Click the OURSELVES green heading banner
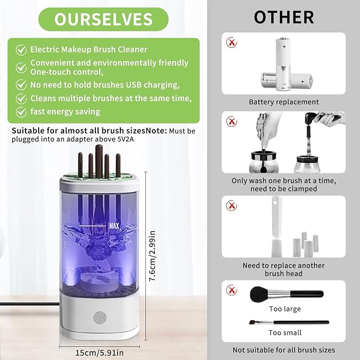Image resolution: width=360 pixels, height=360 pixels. coord(103,19)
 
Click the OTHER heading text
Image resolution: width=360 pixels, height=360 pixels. coord(283,17)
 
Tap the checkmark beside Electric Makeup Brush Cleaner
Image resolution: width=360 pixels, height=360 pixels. coord(21,49)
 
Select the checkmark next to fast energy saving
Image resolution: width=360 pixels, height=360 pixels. coord(21,112)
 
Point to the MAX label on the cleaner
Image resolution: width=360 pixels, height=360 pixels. coord(113,226)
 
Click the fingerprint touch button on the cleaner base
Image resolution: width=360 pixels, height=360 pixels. coord(100,317)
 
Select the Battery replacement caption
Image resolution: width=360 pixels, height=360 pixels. coord(284,102)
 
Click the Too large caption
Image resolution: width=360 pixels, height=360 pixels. coord(284,309)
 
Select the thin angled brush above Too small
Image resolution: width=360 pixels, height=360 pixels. coord(289,322)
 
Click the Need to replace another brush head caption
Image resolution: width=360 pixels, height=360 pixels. coord(284,269)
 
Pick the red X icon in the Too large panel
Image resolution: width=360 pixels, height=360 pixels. coord(231,289)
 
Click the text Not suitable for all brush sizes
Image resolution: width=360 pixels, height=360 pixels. coord(284,350)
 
